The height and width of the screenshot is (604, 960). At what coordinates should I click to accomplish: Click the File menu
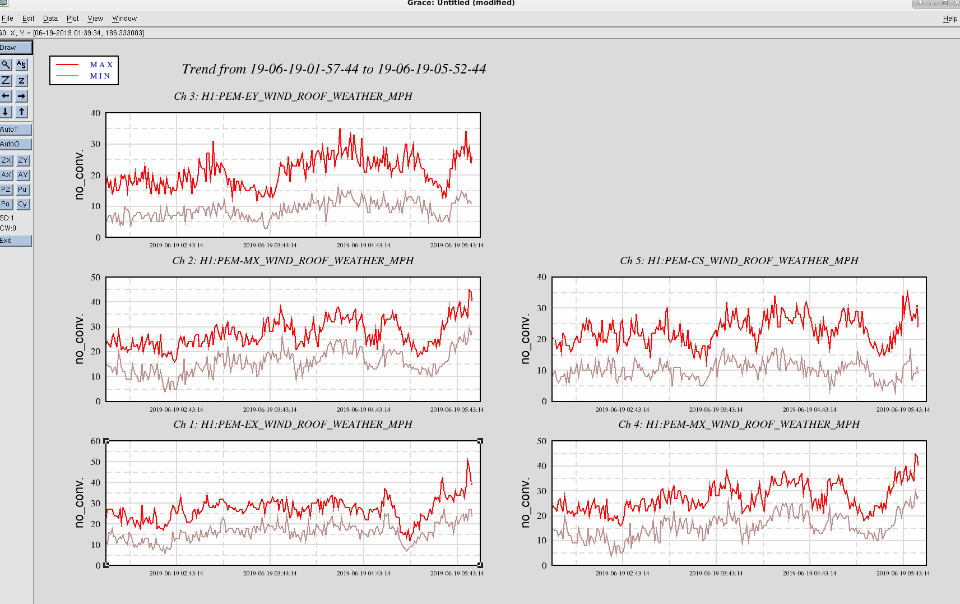coord(7,19)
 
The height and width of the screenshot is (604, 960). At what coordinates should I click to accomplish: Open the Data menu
coord(50,19)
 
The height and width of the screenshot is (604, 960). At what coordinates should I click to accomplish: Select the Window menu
coord(124,19)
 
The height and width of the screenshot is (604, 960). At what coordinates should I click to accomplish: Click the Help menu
coord(950,19)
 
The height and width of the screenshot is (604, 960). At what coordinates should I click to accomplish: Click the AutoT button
coord(16,129)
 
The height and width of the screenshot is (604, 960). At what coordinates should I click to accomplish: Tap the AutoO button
coord(16,144)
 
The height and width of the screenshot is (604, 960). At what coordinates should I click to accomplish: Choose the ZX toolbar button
coord(6,160)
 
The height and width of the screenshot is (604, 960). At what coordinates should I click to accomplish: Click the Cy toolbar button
coord(22,204)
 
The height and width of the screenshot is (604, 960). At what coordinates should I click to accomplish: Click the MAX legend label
coord(101,64)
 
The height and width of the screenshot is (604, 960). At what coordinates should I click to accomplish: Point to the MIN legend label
coord(100,76)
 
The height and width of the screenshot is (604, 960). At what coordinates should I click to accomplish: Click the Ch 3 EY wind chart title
coord(293,96)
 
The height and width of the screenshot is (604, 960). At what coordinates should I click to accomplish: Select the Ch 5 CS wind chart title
coord(739,260)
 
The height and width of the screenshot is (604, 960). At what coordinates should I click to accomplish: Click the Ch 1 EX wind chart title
coord(293,425)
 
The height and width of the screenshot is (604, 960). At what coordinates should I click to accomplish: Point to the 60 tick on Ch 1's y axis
coord(96,441)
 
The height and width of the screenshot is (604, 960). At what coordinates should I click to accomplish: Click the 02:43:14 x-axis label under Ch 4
coord(622,573)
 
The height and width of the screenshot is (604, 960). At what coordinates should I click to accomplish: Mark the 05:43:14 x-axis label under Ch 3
coord(457,246)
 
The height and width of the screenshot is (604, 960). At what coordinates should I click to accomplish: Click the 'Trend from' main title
coord(334,69)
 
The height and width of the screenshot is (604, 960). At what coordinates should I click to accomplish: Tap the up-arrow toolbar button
coord(21,112)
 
